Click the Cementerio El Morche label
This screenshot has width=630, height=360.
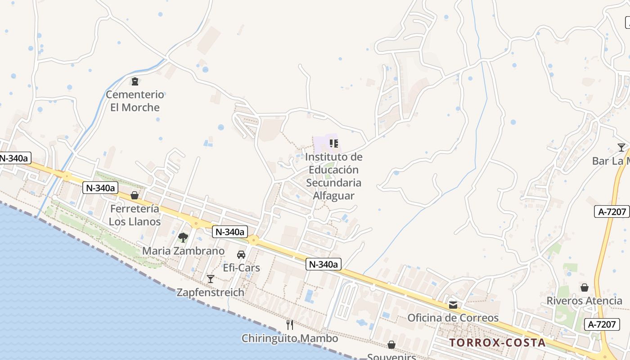[135, 101]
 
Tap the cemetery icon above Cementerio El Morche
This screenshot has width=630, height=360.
[135, 81]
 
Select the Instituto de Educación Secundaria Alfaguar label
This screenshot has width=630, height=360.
[333, 176]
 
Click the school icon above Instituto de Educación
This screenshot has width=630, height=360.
[333, 144]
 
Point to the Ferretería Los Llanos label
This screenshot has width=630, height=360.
[135, 215]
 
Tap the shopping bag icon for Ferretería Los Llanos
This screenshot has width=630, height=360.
[135, 195]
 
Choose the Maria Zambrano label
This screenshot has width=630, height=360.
[183, 251]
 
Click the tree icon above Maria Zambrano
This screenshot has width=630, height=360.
[183, 237]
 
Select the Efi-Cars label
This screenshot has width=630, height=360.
[242, 268]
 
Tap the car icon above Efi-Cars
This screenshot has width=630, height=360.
[241, 255]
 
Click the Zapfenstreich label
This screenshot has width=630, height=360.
[210, 292]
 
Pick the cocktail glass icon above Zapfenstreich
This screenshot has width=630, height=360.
[210, 279]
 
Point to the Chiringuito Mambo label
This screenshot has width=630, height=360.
[290, 338]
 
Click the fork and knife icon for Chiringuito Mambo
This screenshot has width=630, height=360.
[290, 324]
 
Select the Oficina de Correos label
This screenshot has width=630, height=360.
[453, 318]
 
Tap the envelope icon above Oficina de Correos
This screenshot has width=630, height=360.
[453, 305]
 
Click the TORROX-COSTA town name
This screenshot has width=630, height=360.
[497, 342]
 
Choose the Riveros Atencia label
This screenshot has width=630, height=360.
[584, 301]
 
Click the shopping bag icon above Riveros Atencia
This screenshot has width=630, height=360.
[584, 288]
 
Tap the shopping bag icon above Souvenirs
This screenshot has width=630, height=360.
[391, 345]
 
